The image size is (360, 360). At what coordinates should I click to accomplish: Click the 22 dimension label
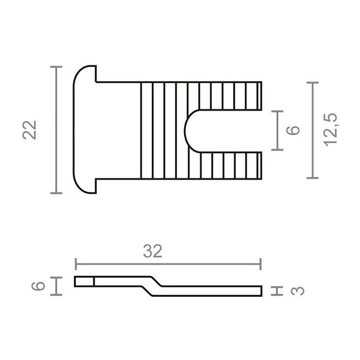(x=31, y=130)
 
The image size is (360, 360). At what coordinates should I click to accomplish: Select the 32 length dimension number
(x=152, y=251)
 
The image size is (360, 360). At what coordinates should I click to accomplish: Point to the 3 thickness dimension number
(x=298, y=291)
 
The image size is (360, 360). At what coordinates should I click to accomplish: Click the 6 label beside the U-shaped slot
(x=293, y=130)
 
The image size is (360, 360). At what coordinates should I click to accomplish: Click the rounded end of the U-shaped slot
(x=189, y=131)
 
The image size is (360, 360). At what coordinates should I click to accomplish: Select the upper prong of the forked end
(x=231, y=96)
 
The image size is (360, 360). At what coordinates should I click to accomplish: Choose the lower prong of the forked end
(x=231, y=166)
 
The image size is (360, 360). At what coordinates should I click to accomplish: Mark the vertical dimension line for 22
(x=56, y=130)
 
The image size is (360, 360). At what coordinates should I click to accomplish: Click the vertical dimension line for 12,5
(x=312, y=130)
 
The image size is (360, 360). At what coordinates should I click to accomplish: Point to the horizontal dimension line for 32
(x=168, y=264)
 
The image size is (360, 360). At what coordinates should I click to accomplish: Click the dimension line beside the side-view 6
(x=56, y=286)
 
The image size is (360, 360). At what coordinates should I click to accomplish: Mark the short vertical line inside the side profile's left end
(x=94, y=281)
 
